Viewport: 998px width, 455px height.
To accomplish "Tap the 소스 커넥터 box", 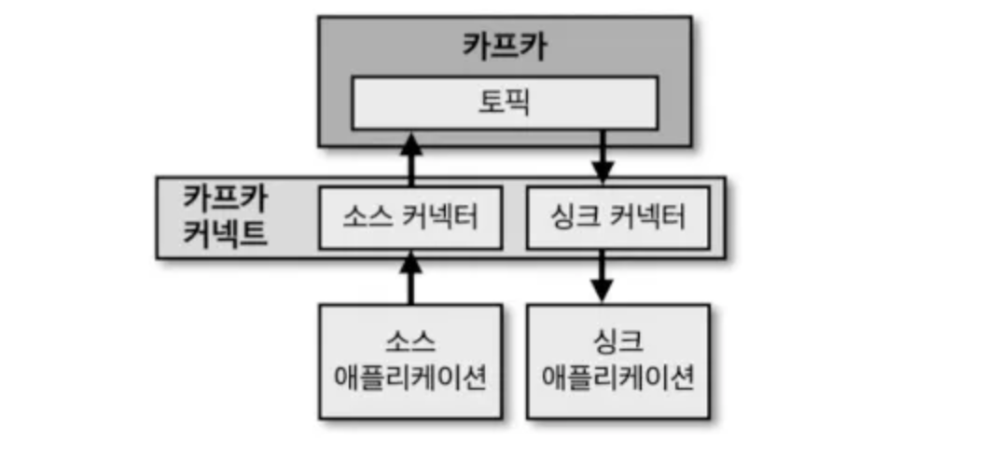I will (410, 218).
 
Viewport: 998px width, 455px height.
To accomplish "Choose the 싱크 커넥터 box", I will (617, 218).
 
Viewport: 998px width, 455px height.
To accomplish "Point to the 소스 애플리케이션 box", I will (410, 360).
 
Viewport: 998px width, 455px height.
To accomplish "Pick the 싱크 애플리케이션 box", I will (617, 360).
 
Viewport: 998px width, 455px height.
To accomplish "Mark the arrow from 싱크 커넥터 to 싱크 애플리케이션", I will (603, 278).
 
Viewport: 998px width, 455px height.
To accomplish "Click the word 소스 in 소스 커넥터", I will (363, 218).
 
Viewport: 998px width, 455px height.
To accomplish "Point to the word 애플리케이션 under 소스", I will (410, 379).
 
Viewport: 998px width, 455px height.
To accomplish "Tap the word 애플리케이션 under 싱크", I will (617, 379).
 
